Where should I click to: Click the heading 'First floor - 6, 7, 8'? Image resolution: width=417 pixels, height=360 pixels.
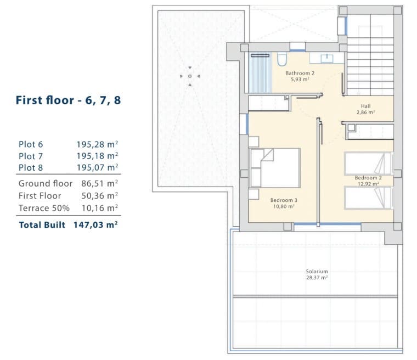tap(68, 100)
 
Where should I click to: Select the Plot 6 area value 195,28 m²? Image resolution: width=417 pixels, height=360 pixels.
tap(98, 144)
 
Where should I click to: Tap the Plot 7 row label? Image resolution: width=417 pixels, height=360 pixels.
tap(31, 156)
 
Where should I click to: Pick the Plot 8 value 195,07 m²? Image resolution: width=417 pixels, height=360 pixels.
tap(98, 167)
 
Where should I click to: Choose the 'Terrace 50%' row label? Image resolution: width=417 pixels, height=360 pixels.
tap(44, 208)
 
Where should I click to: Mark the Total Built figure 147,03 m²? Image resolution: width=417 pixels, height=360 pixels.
tap(96, 224)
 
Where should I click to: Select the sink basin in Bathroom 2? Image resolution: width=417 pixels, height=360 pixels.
tap(327, 58)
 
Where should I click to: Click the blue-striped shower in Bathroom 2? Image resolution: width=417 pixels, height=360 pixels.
tap(260, 73)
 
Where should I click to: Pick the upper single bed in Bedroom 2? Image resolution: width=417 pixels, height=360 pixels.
tap(368, 163)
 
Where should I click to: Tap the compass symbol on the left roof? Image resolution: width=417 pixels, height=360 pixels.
tap(189, 76)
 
